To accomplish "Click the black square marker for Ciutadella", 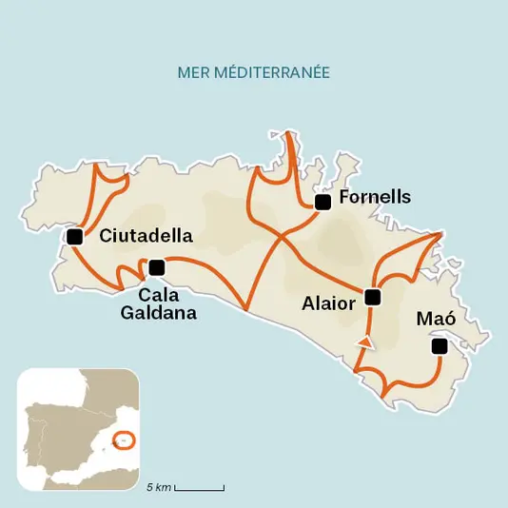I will pyautogui.click(x=73, y=237).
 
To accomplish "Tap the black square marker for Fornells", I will pyautogui.click(x=322, y=201).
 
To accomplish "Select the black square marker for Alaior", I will pyautogui.click(x=372, y=297).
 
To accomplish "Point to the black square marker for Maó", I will pyautogui.click(x=439, y=347).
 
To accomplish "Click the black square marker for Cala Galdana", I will pyautogui.click(x=157, y=265).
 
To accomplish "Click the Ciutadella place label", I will pyautogui.click(x=146, y=236).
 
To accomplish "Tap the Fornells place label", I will pyautogui.click(x=375, y=198).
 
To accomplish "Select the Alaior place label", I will pyautogui.click(x=328, y=303).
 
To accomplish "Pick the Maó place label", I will pyautogui.click(x=437, y=320).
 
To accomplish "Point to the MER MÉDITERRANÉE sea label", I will pyautogui.click(x=253, y=72).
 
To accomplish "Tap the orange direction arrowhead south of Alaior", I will pyautogui.click(x=363, y=342).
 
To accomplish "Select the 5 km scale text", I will pyautogui.click(x=159, y=488).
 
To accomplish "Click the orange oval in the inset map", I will pyautogui.click(x=124, y=440).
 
